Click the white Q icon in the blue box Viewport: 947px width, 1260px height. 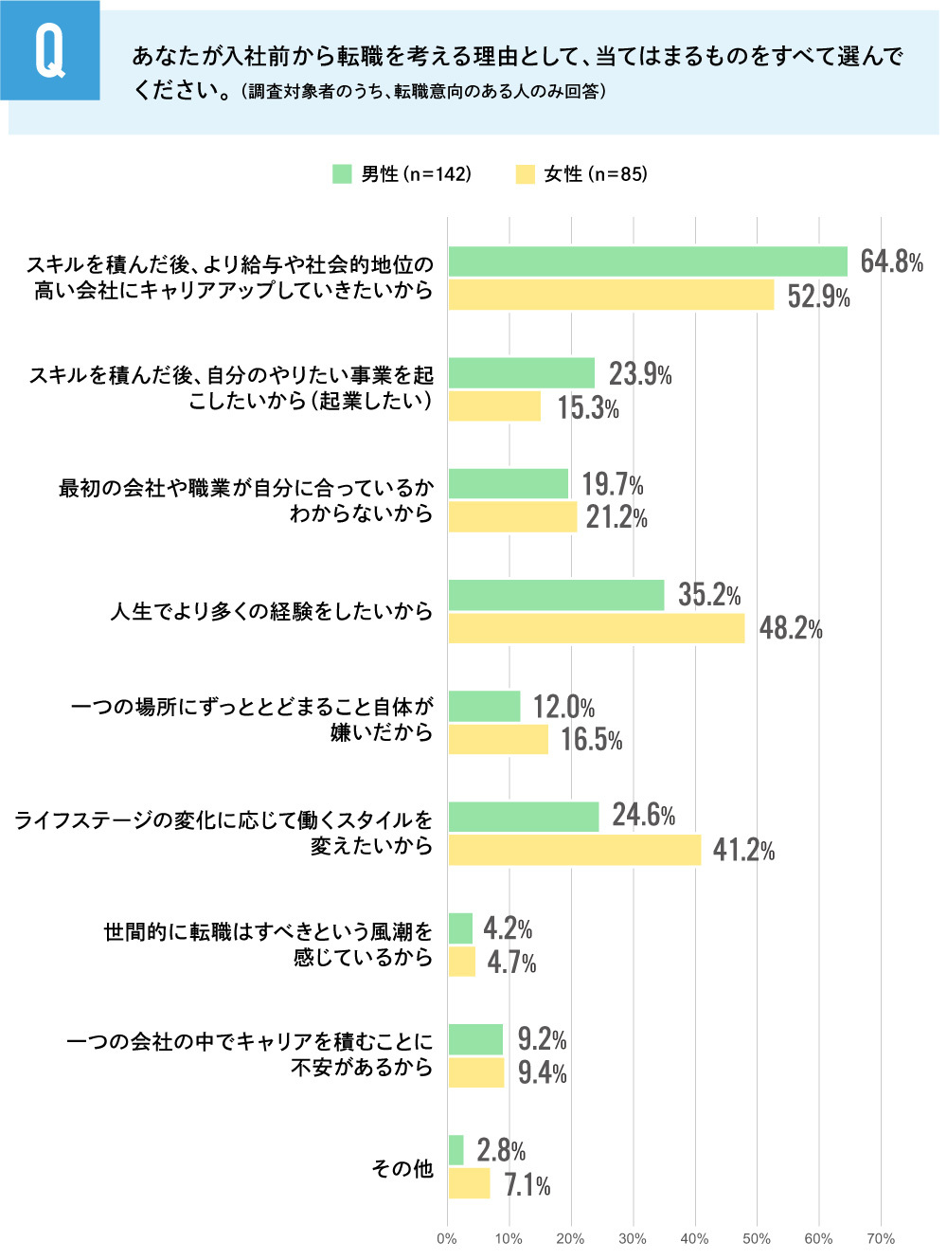50,51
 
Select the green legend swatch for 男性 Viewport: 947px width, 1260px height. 342,174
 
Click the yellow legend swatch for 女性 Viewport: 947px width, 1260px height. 526,174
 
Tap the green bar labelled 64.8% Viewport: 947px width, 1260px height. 648,261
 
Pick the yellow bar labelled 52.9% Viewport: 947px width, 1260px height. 611,295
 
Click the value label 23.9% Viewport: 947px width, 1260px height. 640,374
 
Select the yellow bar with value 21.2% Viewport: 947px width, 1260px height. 512,517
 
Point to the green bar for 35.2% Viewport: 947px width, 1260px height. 557,595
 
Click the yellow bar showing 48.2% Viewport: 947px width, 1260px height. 597,628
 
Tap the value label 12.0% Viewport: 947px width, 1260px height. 563,707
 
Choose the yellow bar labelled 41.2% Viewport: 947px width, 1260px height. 575,850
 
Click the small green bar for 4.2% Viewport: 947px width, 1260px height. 460,928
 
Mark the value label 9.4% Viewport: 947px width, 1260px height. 542,1072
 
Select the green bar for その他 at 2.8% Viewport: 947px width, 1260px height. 456,1150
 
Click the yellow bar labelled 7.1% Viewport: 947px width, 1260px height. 470,1183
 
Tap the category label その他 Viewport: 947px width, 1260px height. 402,1168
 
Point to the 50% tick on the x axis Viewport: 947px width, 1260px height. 757,1239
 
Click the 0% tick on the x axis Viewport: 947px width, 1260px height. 447,1239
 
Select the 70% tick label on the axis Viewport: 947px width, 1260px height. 881,1239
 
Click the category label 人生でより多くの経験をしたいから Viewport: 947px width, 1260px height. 272,612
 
